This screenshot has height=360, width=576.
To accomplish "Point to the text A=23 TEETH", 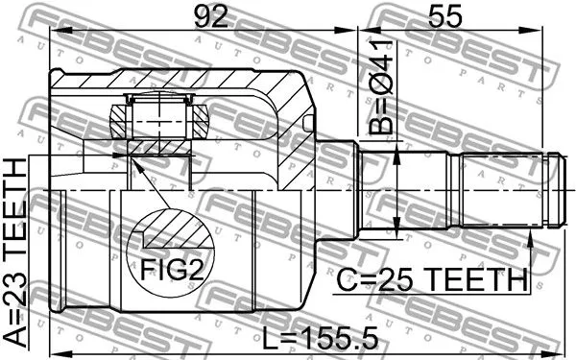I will click(16, 253).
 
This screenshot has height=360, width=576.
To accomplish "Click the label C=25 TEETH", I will click(432, 280).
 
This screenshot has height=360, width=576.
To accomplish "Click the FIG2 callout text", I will click(173, 272).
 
